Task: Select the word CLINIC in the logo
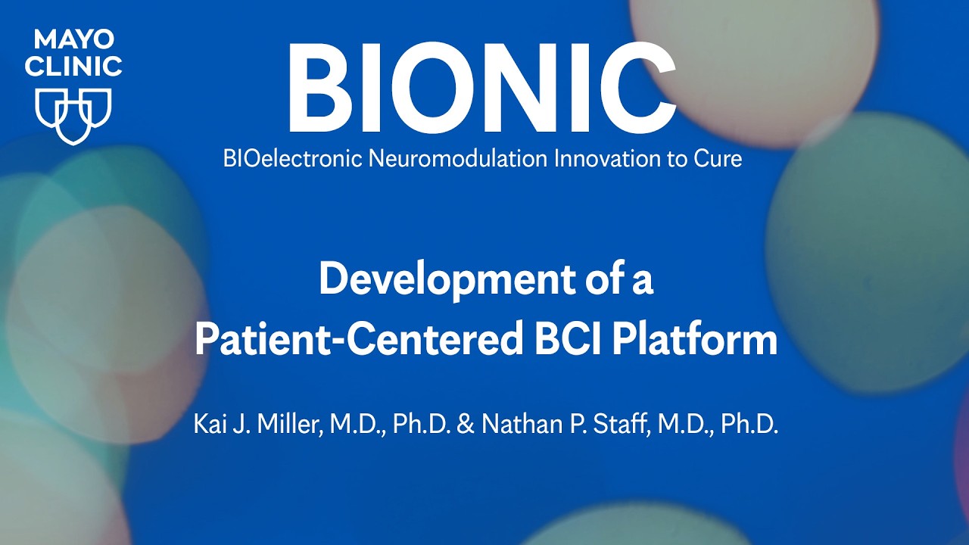pyautogui.click(x=73, y=66)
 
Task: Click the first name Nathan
pyautogui.click(x=513, y=425)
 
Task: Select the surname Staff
pyautogui.click(x=625, y=425)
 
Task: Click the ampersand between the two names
pyautogui.click(x=466, y=425)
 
